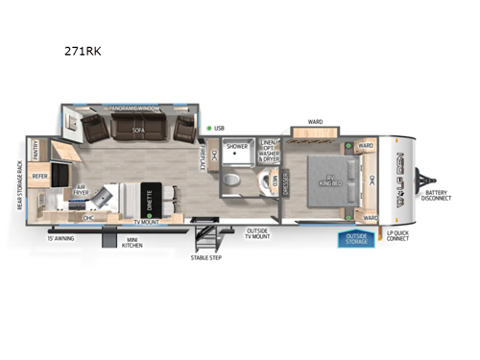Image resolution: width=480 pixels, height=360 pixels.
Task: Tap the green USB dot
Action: (x=208, y=127)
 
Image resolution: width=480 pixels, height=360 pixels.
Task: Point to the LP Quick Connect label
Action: (x=396, y=234)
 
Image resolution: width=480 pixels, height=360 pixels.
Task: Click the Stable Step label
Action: (x=204, y=257)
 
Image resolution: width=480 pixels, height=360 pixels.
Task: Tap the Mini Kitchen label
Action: (x=134, y=242)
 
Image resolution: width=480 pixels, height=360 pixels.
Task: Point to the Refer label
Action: (x=40, y=177)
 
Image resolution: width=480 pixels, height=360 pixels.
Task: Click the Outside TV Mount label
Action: (x=257, y=233)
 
